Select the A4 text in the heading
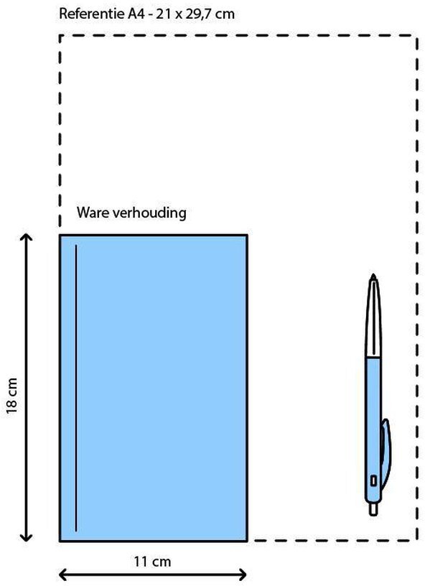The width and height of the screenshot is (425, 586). point(136,14)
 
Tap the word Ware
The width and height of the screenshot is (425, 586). point(93,213)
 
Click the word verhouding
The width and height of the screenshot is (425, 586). point(149,213)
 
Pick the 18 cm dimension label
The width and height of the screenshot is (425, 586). point(12,396)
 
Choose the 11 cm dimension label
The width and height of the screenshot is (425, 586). point(152,561)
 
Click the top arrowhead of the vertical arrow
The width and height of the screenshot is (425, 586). point(26,237)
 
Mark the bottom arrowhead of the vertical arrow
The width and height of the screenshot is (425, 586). point(26,537)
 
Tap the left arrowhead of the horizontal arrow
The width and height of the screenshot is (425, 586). point(63,575)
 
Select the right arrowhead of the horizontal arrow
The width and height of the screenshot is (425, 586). point(243,575)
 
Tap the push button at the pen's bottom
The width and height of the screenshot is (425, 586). point(373,509)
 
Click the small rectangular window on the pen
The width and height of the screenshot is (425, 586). point(373,480)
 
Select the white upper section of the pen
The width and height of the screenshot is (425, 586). point(373,318)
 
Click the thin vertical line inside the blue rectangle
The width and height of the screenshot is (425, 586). point(76,388)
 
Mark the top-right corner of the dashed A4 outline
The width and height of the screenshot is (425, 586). point(417,36)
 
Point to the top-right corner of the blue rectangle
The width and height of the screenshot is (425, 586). point(247,235)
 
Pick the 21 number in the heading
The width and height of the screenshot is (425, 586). point(164,14)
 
